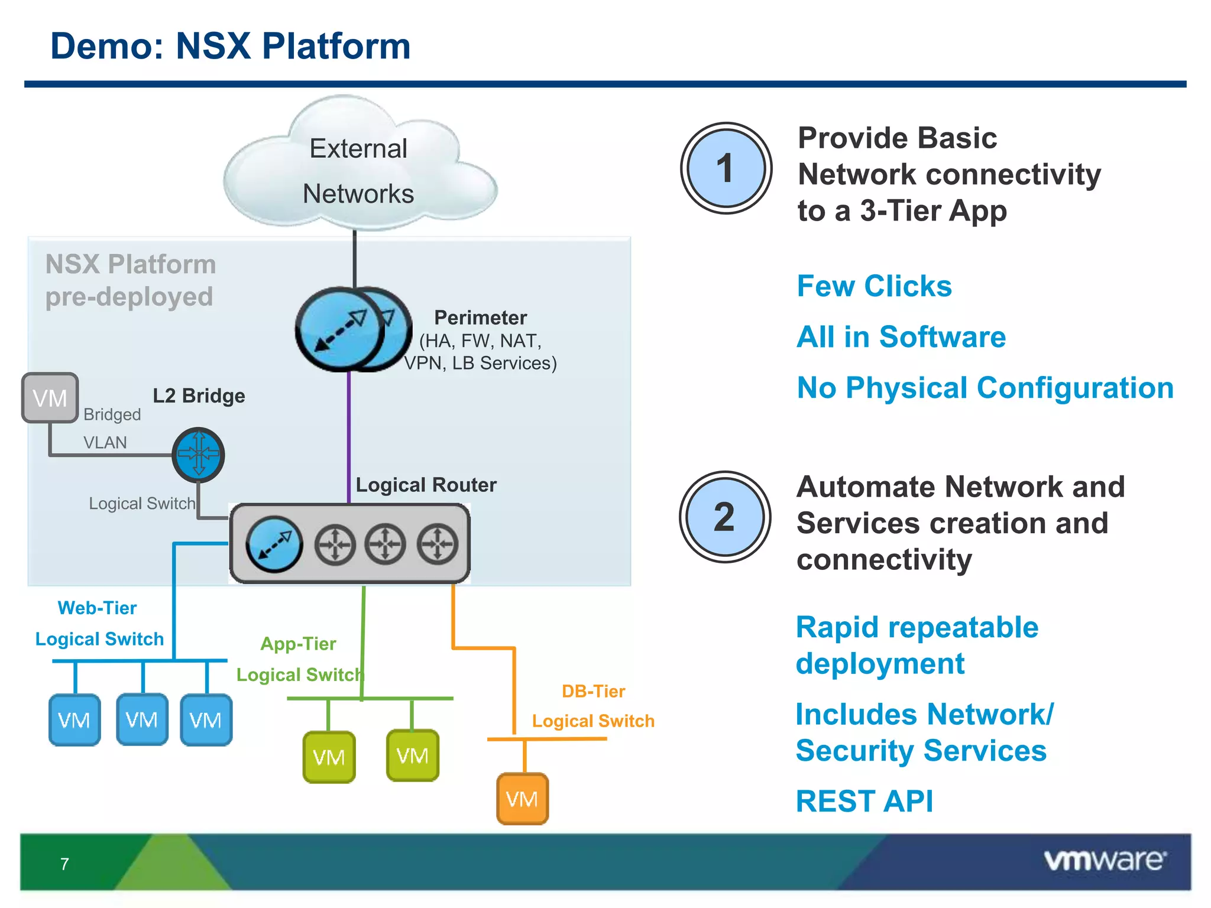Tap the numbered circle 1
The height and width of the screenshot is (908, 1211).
pos(726,168)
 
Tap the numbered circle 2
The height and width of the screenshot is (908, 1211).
pos(725,517)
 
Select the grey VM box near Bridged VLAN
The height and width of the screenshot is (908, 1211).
pos(50,398)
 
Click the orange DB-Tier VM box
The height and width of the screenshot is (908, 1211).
pos(522,799)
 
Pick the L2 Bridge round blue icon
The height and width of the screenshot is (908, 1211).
pos(198,454)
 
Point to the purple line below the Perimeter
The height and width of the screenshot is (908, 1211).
pos(349,437)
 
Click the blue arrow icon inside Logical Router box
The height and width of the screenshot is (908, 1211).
pos(274,544)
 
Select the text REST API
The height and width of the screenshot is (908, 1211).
pos(864,802)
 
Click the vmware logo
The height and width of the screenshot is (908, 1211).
pos(1105,860)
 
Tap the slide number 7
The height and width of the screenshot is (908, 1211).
pos(64,864)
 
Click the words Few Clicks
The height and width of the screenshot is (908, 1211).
pos(874,286)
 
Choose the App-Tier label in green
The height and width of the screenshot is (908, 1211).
pos(298,644)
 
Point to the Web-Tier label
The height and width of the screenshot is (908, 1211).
pos(97,608)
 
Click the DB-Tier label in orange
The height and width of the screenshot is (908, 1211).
pos(593,691)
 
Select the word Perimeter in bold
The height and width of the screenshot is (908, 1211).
pos(480,318)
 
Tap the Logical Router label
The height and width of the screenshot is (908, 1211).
pos(426,485)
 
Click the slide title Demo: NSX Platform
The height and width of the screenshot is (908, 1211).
pos(231,46)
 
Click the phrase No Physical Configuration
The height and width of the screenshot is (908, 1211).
pos(985,388)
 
